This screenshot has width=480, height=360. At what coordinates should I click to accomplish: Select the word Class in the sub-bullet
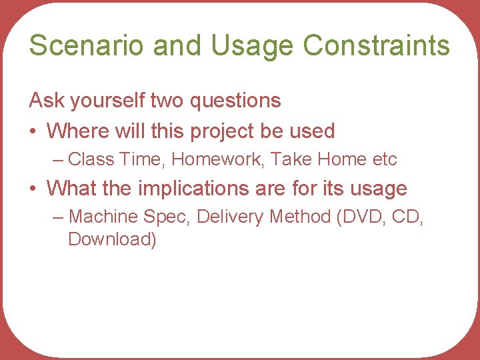point(91,159)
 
